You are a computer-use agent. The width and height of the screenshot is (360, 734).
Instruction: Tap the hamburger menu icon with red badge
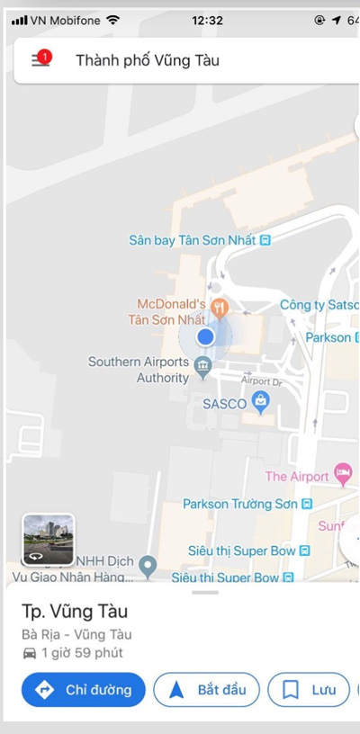click(40, 59)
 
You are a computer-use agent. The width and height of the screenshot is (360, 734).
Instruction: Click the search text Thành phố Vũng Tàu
click(148, 60)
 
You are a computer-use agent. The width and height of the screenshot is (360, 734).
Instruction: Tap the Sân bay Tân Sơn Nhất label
click(193, 240)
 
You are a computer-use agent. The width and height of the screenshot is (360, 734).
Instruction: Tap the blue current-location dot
click(205, 336)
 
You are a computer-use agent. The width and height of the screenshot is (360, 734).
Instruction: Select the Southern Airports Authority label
click(139, 370)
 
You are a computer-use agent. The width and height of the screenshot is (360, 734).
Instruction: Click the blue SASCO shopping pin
click(261, 404)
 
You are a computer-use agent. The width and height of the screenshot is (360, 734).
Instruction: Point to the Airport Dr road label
click(261, 381)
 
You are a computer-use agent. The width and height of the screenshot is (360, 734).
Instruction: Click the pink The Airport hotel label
click(297, 476)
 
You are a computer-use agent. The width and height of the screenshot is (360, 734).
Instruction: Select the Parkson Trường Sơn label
click(240, 505)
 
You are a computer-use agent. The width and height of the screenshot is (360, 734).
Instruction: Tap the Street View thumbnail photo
click(49, 539)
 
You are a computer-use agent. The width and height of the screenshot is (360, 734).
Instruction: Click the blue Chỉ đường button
click(84, 690)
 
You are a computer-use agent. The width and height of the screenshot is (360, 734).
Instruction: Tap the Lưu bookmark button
click(309, 690)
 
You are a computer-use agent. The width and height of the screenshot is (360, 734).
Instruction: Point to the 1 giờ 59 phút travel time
click(80, 653)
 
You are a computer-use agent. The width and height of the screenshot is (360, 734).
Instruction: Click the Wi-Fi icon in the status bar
click(112, 19)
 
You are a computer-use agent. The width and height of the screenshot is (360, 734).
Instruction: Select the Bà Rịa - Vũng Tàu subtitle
click(76, 634)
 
